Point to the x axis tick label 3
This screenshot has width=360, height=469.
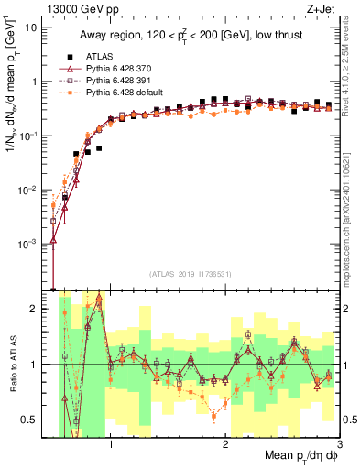pyautogui.click(x=339, y=443)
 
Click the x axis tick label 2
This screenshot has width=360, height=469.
pyautogui.click(x=225, y=443)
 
